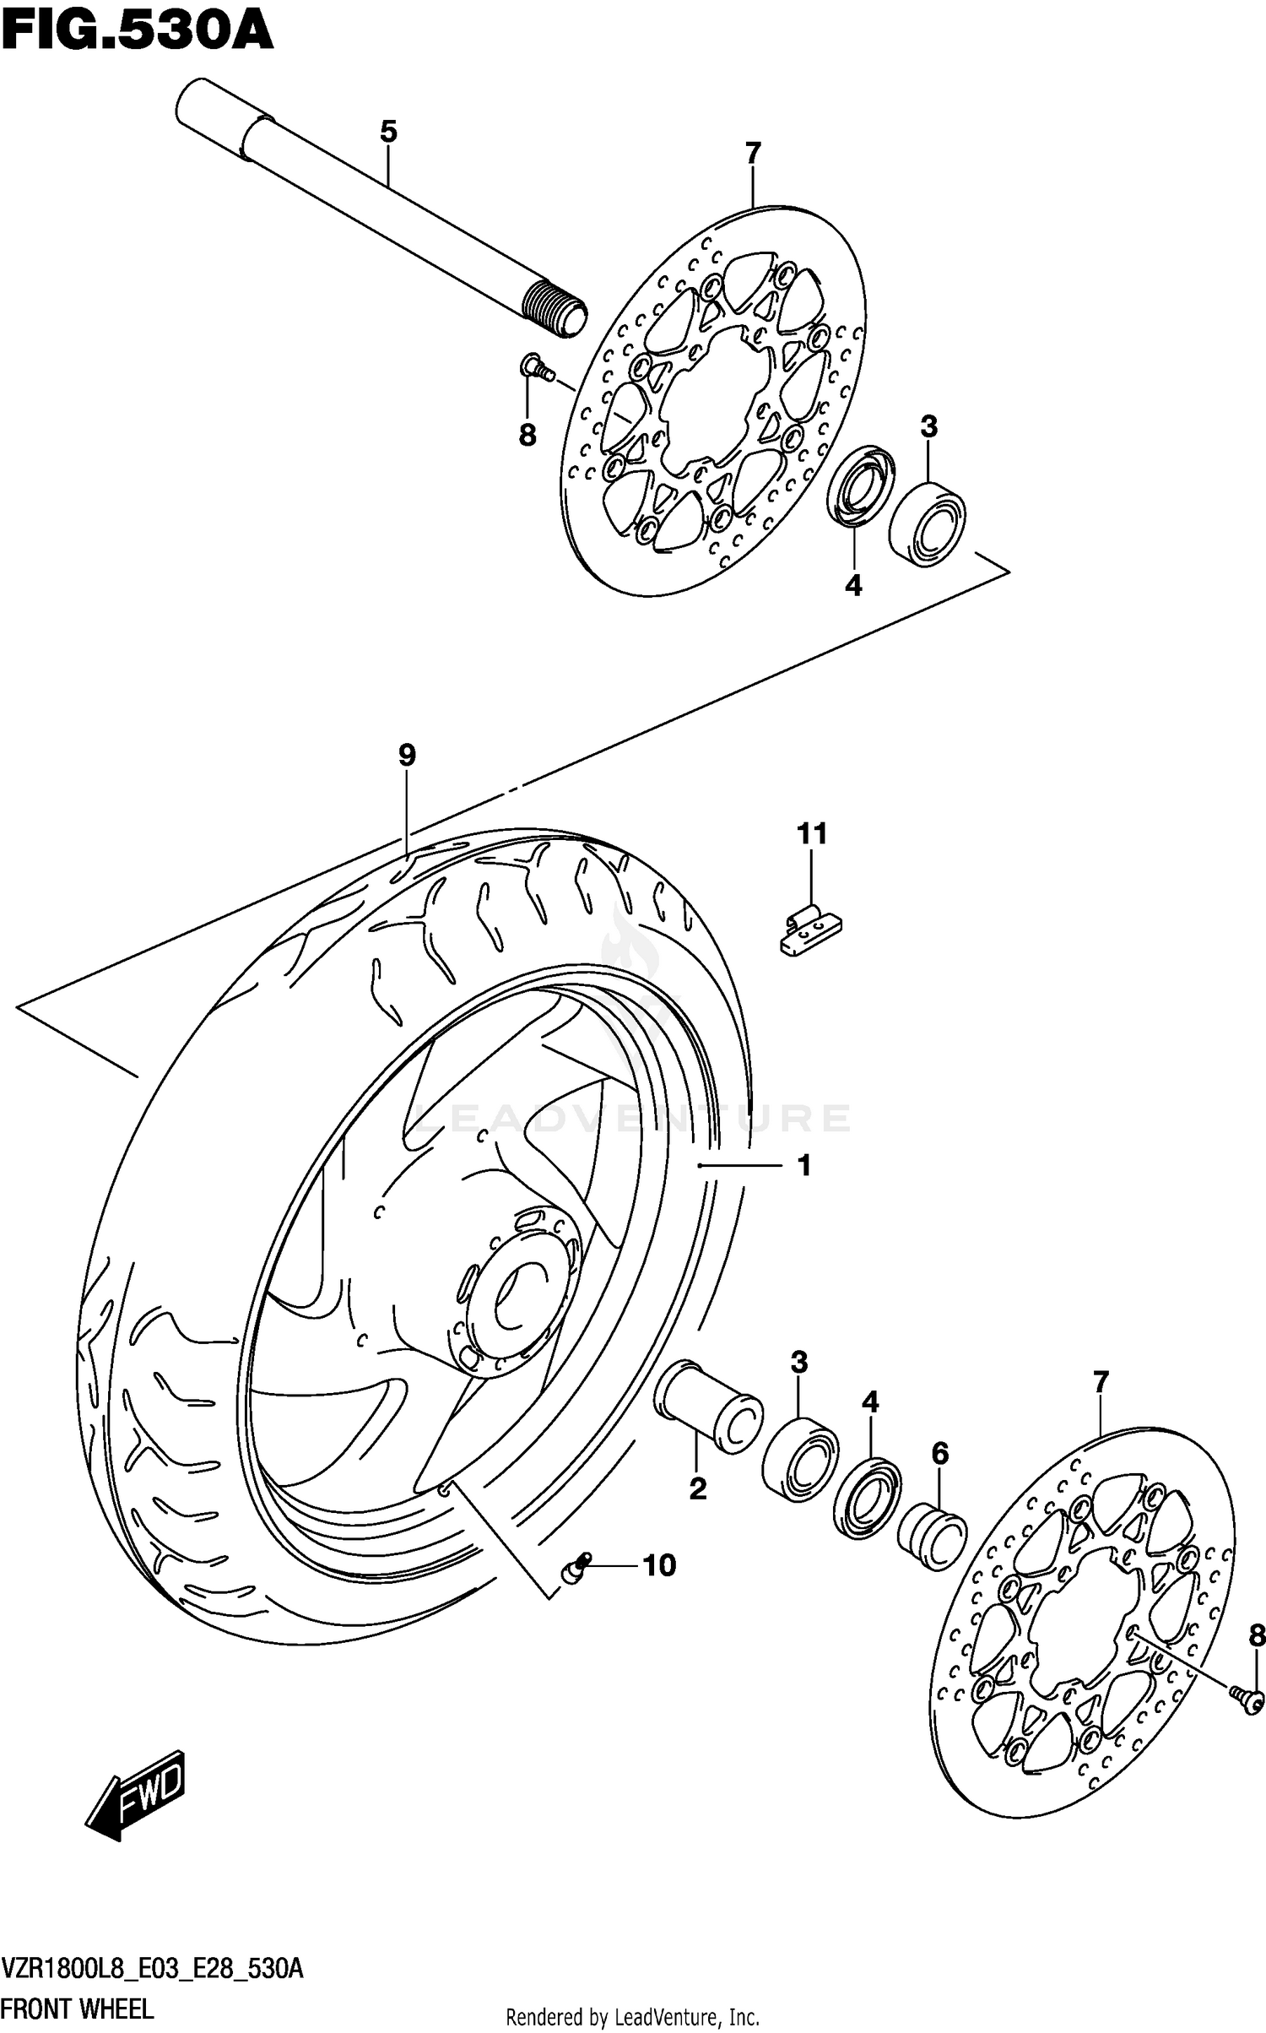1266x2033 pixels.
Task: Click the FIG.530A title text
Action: [x=137, y=35]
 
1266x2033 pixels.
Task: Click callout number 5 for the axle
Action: [x=387, y=132]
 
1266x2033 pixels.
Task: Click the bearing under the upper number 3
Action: [x=927, y=523]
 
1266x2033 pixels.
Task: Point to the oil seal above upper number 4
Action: [x=859, y=488]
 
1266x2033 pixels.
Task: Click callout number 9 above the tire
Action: [x=407, y=754]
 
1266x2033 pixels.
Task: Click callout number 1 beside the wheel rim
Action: [x=803, y=1165]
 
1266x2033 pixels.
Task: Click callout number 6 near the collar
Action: [x=939, y=1453]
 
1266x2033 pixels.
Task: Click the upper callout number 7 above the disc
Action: [x=753, y=154]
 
